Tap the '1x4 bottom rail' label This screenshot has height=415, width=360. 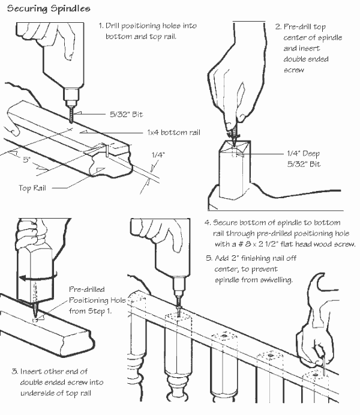[173, 132]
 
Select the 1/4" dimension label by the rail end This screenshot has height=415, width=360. [158, 154]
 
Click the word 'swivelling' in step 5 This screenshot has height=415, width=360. [275, 280]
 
